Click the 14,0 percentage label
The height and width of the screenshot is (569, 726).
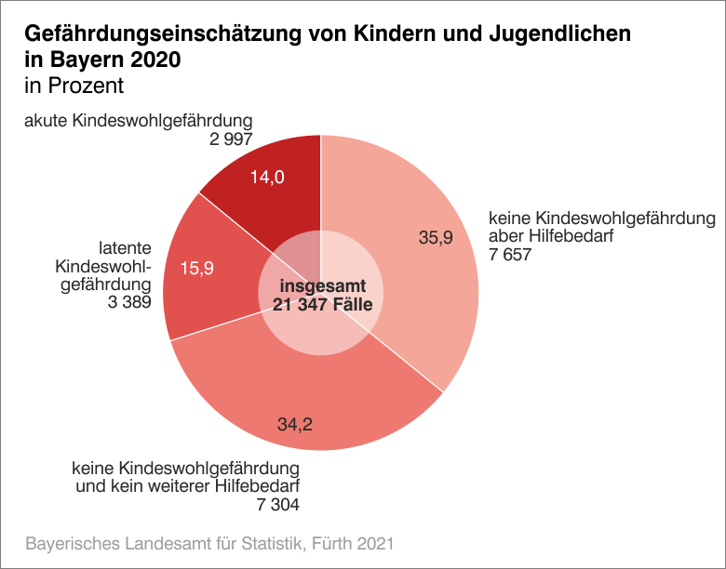click(267, 177)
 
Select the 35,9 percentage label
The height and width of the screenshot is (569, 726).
click(435, 238)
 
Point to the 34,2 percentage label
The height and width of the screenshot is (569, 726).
click(294, 425)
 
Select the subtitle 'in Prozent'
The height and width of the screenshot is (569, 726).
click(74, 86)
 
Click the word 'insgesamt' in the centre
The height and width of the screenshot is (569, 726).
click(320, 286)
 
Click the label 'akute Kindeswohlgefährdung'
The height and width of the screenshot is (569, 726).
click(139, 121)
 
